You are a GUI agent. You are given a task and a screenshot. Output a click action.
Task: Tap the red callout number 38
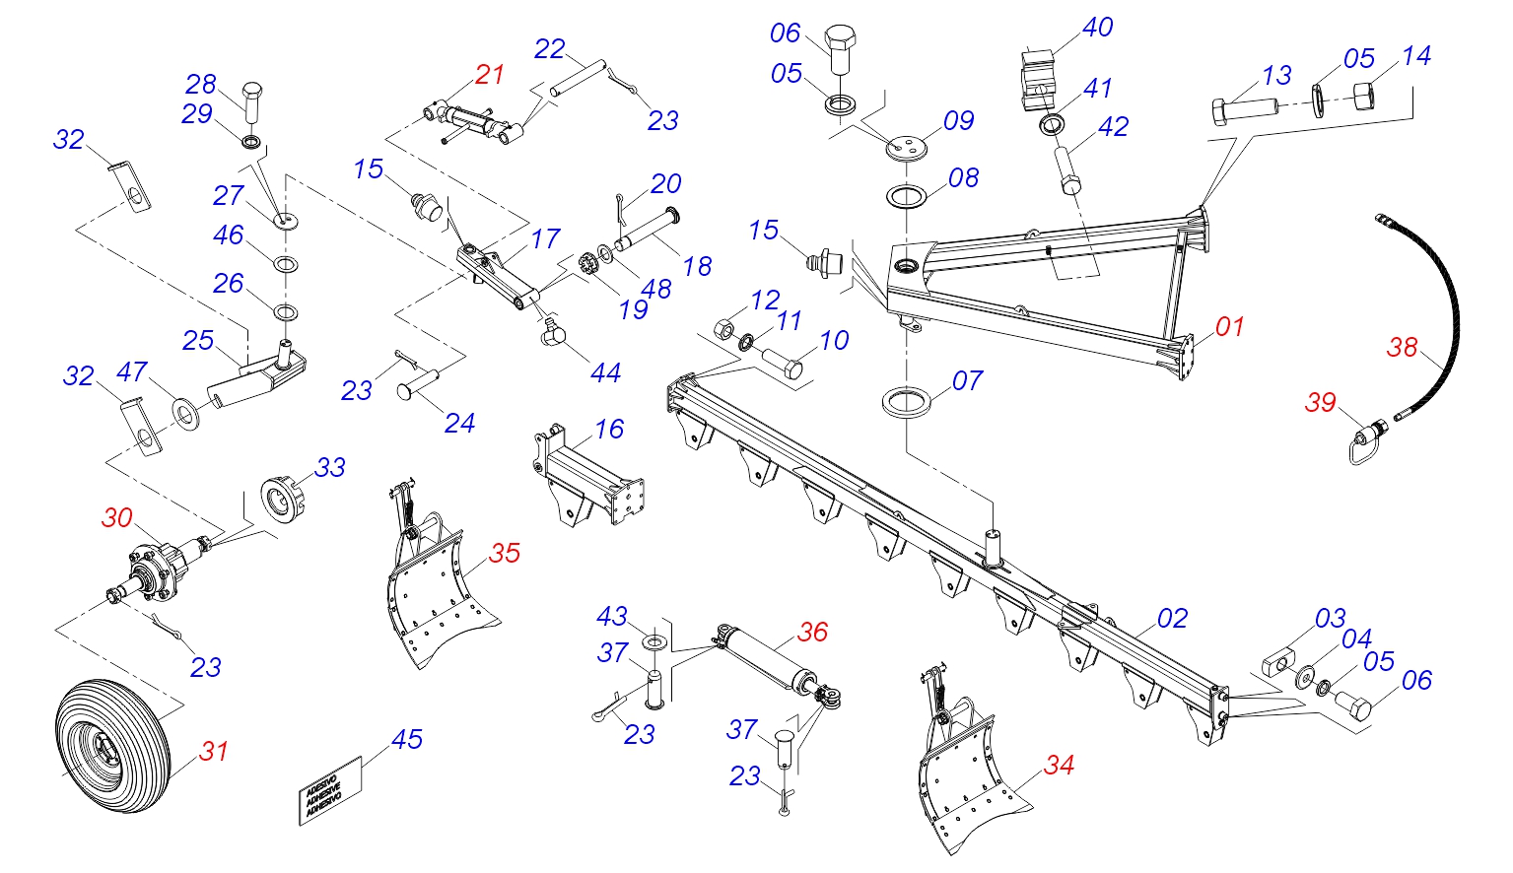tap(1402, 347)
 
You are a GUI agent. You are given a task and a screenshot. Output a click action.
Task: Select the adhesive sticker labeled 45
tap(330, 790)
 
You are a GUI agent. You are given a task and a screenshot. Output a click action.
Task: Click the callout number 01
tap(1229, 326)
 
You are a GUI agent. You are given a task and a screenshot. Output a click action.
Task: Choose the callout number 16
tap(608, 429)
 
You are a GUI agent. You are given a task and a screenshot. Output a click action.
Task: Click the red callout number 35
tap(504, 553)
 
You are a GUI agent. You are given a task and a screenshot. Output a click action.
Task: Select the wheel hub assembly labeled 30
tap(158, 571)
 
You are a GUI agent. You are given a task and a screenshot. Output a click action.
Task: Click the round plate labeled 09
tap(906, 148)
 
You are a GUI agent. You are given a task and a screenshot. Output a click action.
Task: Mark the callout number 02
tap(1172, 618)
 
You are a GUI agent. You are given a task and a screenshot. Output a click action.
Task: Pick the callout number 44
tap(605, 372)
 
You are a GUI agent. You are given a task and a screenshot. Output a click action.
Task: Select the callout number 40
tap(1097, 28)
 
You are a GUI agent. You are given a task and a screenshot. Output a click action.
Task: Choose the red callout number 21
tap(489, 74)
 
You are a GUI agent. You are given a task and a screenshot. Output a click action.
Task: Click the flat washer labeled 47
tap(185, 413)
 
